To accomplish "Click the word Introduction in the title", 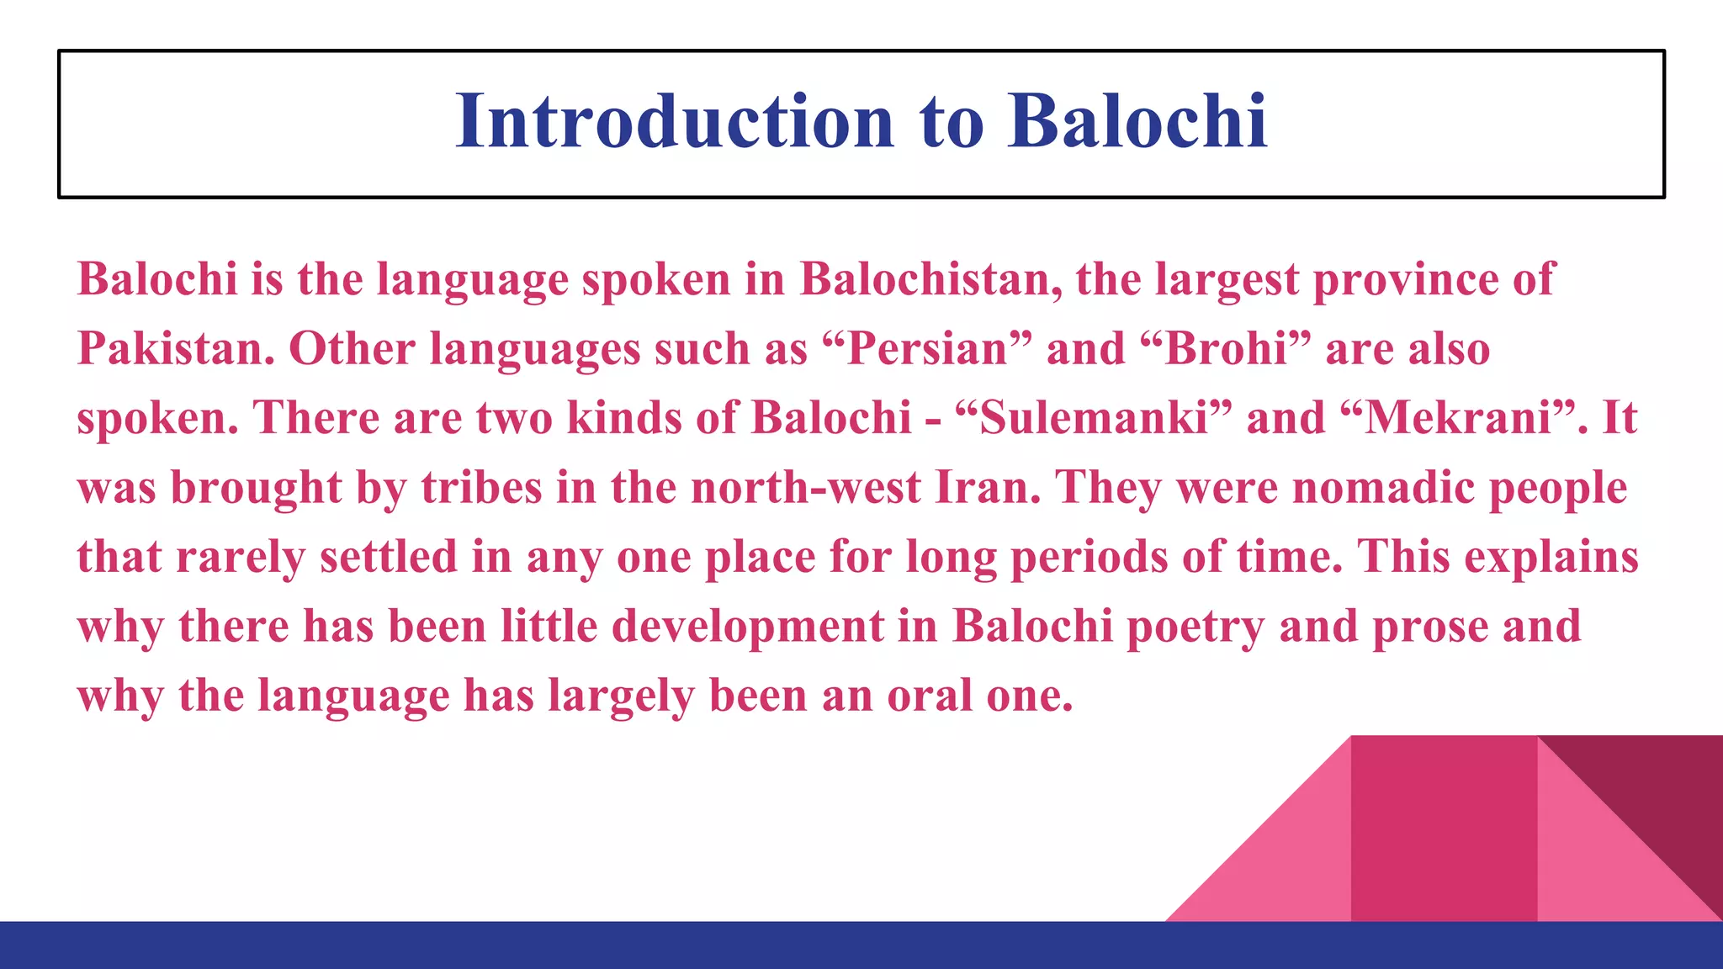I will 674,122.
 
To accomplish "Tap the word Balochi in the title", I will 1137,122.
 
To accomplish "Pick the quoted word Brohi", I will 1227,348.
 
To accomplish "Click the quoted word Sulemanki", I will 1094,418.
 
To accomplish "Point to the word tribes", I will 481,487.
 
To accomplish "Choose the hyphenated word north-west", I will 805,487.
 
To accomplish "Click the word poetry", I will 1195,627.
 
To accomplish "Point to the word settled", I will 388,557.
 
